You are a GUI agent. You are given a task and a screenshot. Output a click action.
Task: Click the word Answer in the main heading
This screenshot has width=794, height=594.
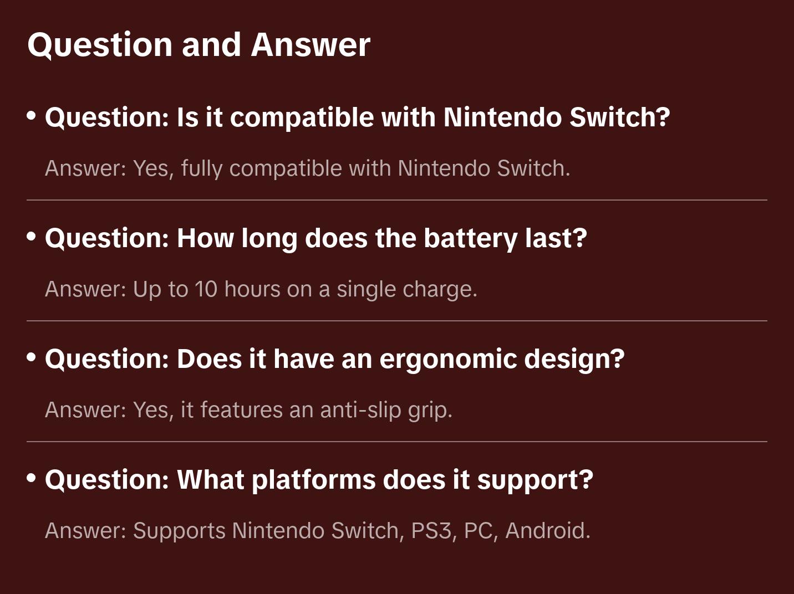pyautogui.click(x=311, y=45)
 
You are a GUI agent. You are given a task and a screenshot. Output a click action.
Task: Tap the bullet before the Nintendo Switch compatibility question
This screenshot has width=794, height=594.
pyautogui.click(x=32, y=116)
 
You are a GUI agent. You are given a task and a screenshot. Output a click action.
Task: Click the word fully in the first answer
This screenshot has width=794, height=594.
pyautogui.click(x=202, y=169)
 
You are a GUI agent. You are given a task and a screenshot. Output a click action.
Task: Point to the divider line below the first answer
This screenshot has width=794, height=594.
pyautogui.click(x=397, y=200)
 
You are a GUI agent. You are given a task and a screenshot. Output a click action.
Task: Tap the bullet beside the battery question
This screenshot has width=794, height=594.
pyautogui.click(x=32, y=237)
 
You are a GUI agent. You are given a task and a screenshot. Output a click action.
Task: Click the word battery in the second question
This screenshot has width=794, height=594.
pyautogui.click(x=471, y=239)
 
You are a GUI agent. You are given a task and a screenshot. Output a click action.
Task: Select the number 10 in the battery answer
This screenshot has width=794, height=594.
pyautogui.click(x=206, y=289)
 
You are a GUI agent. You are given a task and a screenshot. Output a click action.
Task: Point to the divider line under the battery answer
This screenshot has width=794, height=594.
pyautogui.click(x=397, y=320)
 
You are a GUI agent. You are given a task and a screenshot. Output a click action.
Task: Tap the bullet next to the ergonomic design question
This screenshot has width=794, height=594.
pyautogui.click(x=32, y=357)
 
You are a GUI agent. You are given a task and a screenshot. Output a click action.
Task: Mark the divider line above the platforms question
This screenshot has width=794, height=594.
pyautogui.click(x=397, y=442)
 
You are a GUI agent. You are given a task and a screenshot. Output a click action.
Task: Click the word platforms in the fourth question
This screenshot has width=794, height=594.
pyautogui.click(x=314, y=480)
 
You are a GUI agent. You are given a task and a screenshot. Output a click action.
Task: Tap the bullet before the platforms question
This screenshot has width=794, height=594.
pyautogui.click(x=32, y=478)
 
